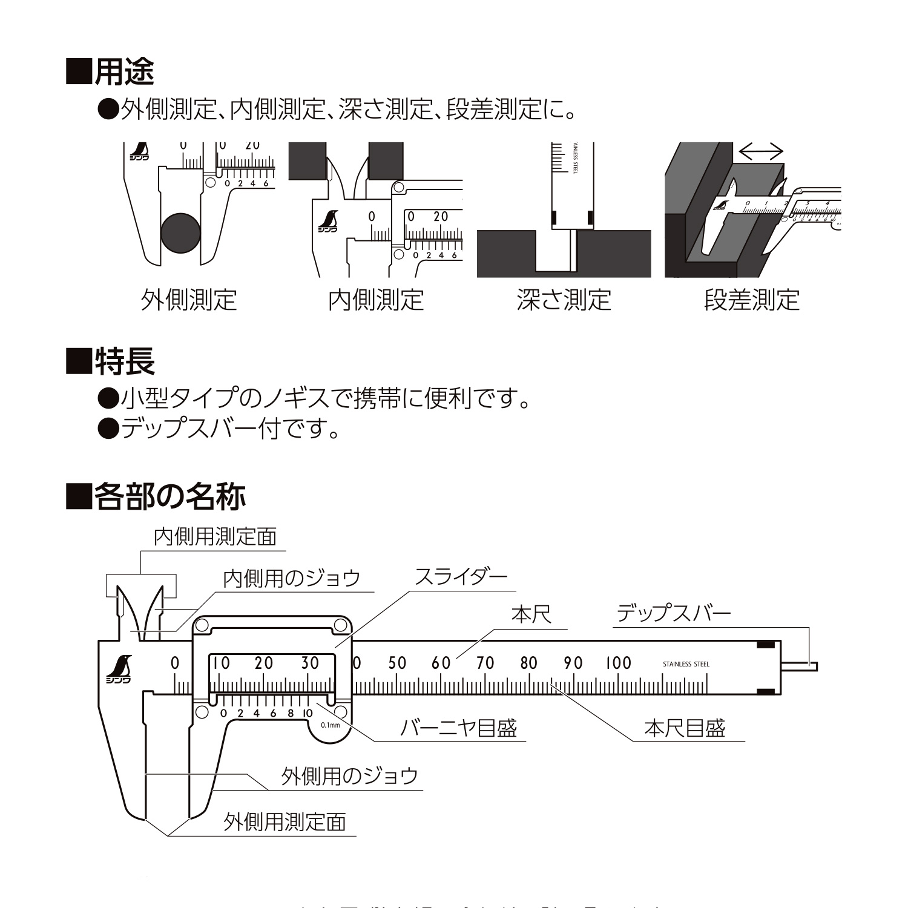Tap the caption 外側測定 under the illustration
pyautogui.click(x=188, y=300)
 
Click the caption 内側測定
pyautogui.click(x=375, y=300)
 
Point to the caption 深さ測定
pyautogui.click(x=564, y=300)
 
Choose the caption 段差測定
pyautogui.click(x=752, y=300)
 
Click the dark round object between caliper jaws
pyautogui.click(x=180, y=233)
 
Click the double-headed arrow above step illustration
pyautogui.click(x=762, y=151)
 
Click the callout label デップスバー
pyautogui.click(x=674, y=614)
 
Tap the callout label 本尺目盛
pyautogui.click(x=685, y=728)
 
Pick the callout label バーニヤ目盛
pyautogui.click(x=459, y=728)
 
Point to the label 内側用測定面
pyautogui.click(x=215, y=536)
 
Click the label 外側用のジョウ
pyautogui.click(x=350, y=776)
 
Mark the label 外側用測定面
pyautogui.click(x=285, y=822)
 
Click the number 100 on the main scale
pyautogui.click(x=619, y=663)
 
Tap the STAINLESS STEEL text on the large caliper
pyautogui.click(x=686, y=664)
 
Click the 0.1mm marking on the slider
pyautogui.click(x=331, y=725)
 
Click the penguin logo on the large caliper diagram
pyautogui.click(x=120, y=669)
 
